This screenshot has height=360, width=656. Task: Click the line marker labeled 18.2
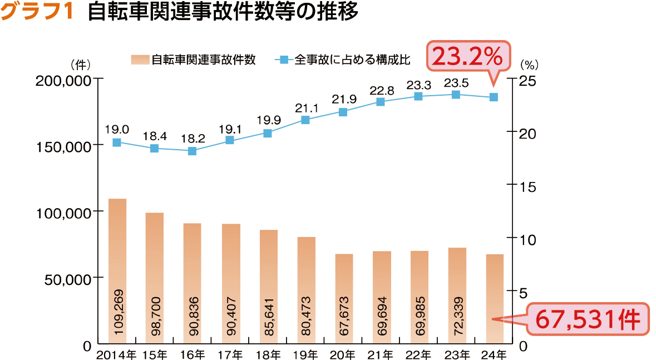point(193,151)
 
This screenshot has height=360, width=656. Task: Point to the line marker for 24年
point(494,97)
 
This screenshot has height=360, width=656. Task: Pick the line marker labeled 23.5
point(456,95)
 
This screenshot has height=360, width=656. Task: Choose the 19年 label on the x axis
point(306,354)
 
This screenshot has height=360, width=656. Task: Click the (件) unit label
point(81,63)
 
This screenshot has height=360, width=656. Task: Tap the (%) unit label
point(533,63)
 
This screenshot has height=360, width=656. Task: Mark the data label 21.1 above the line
point(305,108)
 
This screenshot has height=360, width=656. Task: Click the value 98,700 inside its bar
point(155,315)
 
